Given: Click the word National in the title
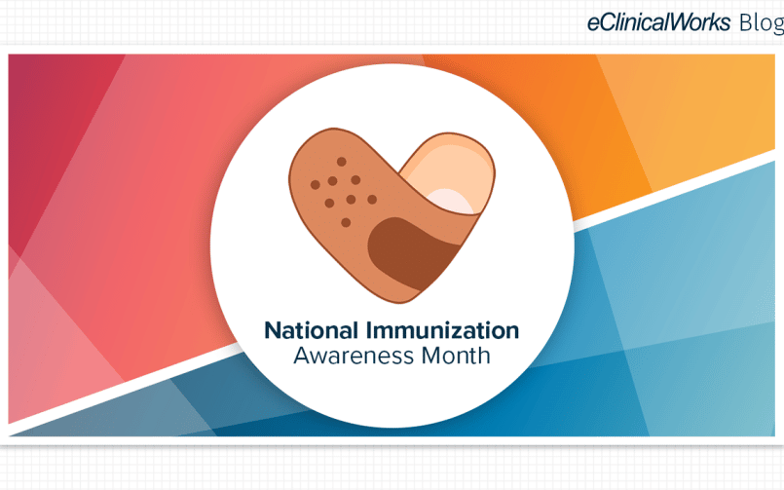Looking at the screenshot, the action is (x=311, y=330).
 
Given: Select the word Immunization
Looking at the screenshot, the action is (x=442, y=330).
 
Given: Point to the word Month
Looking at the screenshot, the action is (x=456, y=356).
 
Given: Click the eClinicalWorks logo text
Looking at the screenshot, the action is (x=658, y=22).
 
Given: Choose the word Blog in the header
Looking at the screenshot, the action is (x=762, y=23).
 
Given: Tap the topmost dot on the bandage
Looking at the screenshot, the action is (x=342, y=162).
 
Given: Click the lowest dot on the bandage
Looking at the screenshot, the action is (x=346, y=222).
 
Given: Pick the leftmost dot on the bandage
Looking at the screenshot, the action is (x=315, y=185).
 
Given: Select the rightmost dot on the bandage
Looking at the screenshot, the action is (x=372, y=200).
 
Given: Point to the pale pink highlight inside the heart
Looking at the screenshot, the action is (x=450, y=201).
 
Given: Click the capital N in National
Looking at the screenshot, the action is (x=273, y=330).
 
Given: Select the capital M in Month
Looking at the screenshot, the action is (x=431, y=356).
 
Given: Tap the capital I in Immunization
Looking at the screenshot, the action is (x=369, y=330).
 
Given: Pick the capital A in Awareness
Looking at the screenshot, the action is (x=303, y=356).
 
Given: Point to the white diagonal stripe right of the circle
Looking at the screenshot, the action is (x=674, y=186).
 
